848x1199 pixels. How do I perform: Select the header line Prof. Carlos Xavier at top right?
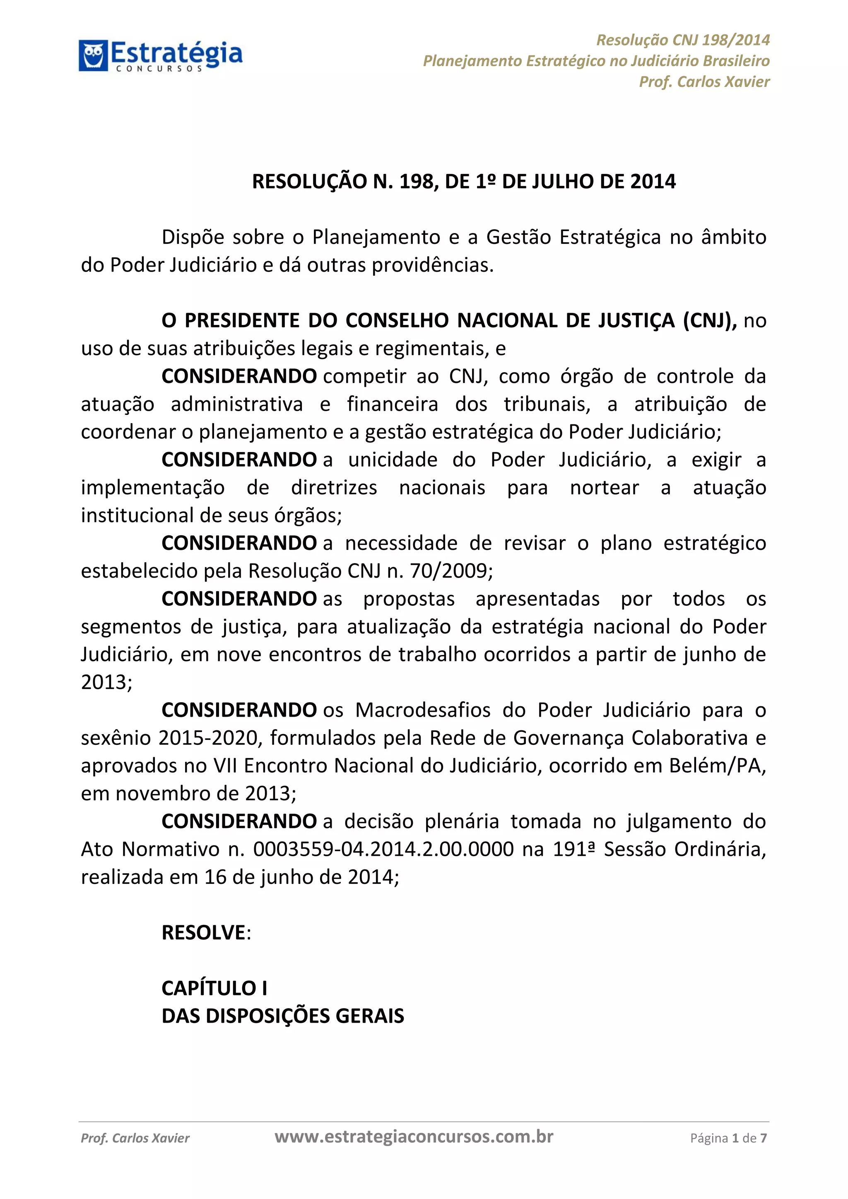pos(704,82)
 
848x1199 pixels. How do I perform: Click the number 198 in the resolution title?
pos(416,182)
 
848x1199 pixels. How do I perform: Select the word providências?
pos(432,265)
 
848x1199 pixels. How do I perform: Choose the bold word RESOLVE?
pos(204,933)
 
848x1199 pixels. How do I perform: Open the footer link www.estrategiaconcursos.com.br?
pos(414,1137)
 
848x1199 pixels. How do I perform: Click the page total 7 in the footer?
pos(764,1139)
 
